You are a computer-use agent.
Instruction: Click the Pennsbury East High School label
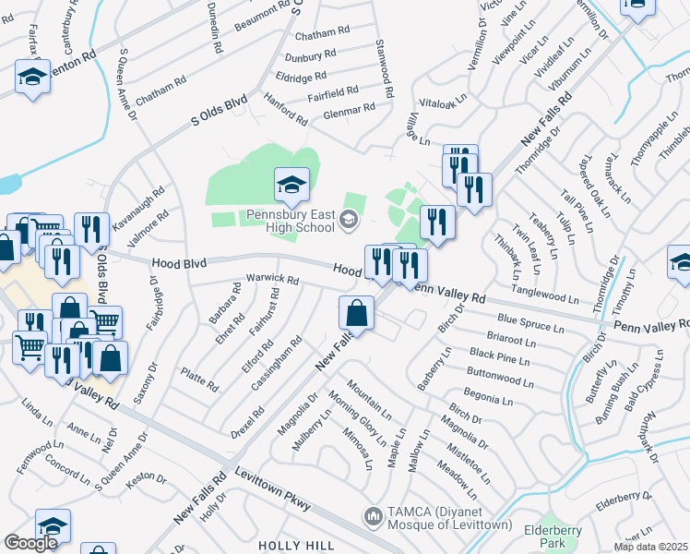276,222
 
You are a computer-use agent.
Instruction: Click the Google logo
30,543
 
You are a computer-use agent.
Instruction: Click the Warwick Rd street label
272,278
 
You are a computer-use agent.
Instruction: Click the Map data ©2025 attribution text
650,547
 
